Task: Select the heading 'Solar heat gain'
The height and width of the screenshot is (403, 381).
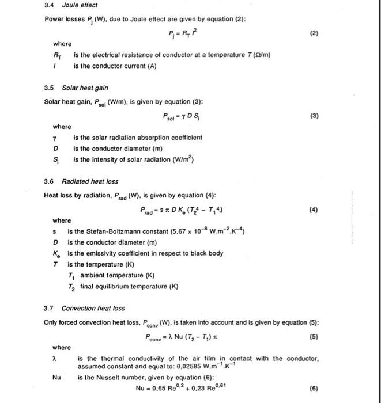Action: [85, 88]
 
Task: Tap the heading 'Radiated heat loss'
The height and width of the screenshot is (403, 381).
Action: [90, 181]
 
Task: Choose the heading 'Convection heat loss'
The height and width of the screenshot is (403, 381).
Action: [93, 308]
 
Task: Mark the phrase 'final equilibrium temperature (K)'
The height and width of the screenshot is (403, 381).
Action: [123, 286]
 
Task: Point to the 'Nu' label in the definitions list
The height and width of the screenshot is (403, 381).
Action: [56, 377]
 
